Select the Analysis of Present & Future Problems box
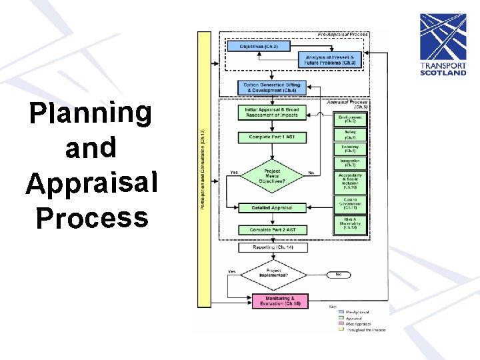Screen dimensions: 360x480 [331, 60]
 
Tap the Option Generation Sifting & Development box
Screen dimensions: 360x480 [272, 87]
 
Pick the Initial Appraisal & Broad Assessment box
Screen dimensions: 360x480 [272, 112]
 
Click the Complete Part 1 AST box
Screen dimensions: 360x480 [272, 137]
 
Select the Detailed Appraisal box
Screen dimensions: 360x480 [272, 208]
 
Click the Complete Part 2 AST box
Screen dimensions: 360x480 [272, 230]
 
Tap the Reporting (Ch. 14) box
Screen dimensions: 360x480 [272, 247]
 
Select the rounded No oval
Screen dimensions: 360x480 [340, 274]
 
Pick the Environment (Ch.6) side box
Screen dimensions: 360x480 [351, 119]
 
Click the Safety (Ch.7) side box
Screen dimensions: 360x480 [351, 135]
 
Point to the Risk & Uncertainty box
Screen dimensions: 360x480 [351, 224]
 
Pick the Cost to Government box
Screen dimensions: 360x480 [351, 203]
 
